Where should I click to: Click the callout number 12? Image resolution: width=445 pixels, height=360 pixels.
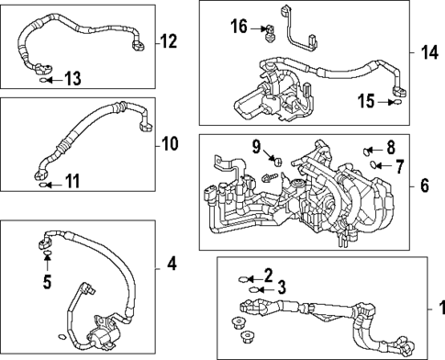(x=169, y=40)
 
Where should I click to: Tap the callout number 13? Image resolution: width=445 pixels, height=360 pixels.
(x=72, y=81)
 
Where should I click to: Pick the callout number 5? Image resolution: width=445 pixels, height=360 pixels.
(x=48, y=281)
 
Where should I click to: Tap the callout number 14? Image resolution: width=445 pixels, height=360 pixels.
(x=428, y=51)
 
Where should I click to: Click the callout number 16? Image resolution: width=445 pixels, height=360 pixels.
(x=239, y=28)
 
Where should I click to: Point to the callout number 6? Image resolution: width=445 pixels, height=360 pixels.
(x=425, y=186)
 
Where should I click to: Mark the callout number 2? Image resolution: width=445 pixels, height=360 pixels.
(x=267, y=275)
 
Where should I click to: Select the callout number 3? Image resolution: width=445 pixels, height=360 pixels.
(x=283, y=288)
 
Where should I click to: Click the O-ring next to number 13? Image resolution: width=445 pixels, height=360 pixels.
(x=43, y=81)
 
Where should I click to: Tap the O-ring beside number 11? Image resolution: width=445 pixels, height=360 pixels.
(x=41, y=184)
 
